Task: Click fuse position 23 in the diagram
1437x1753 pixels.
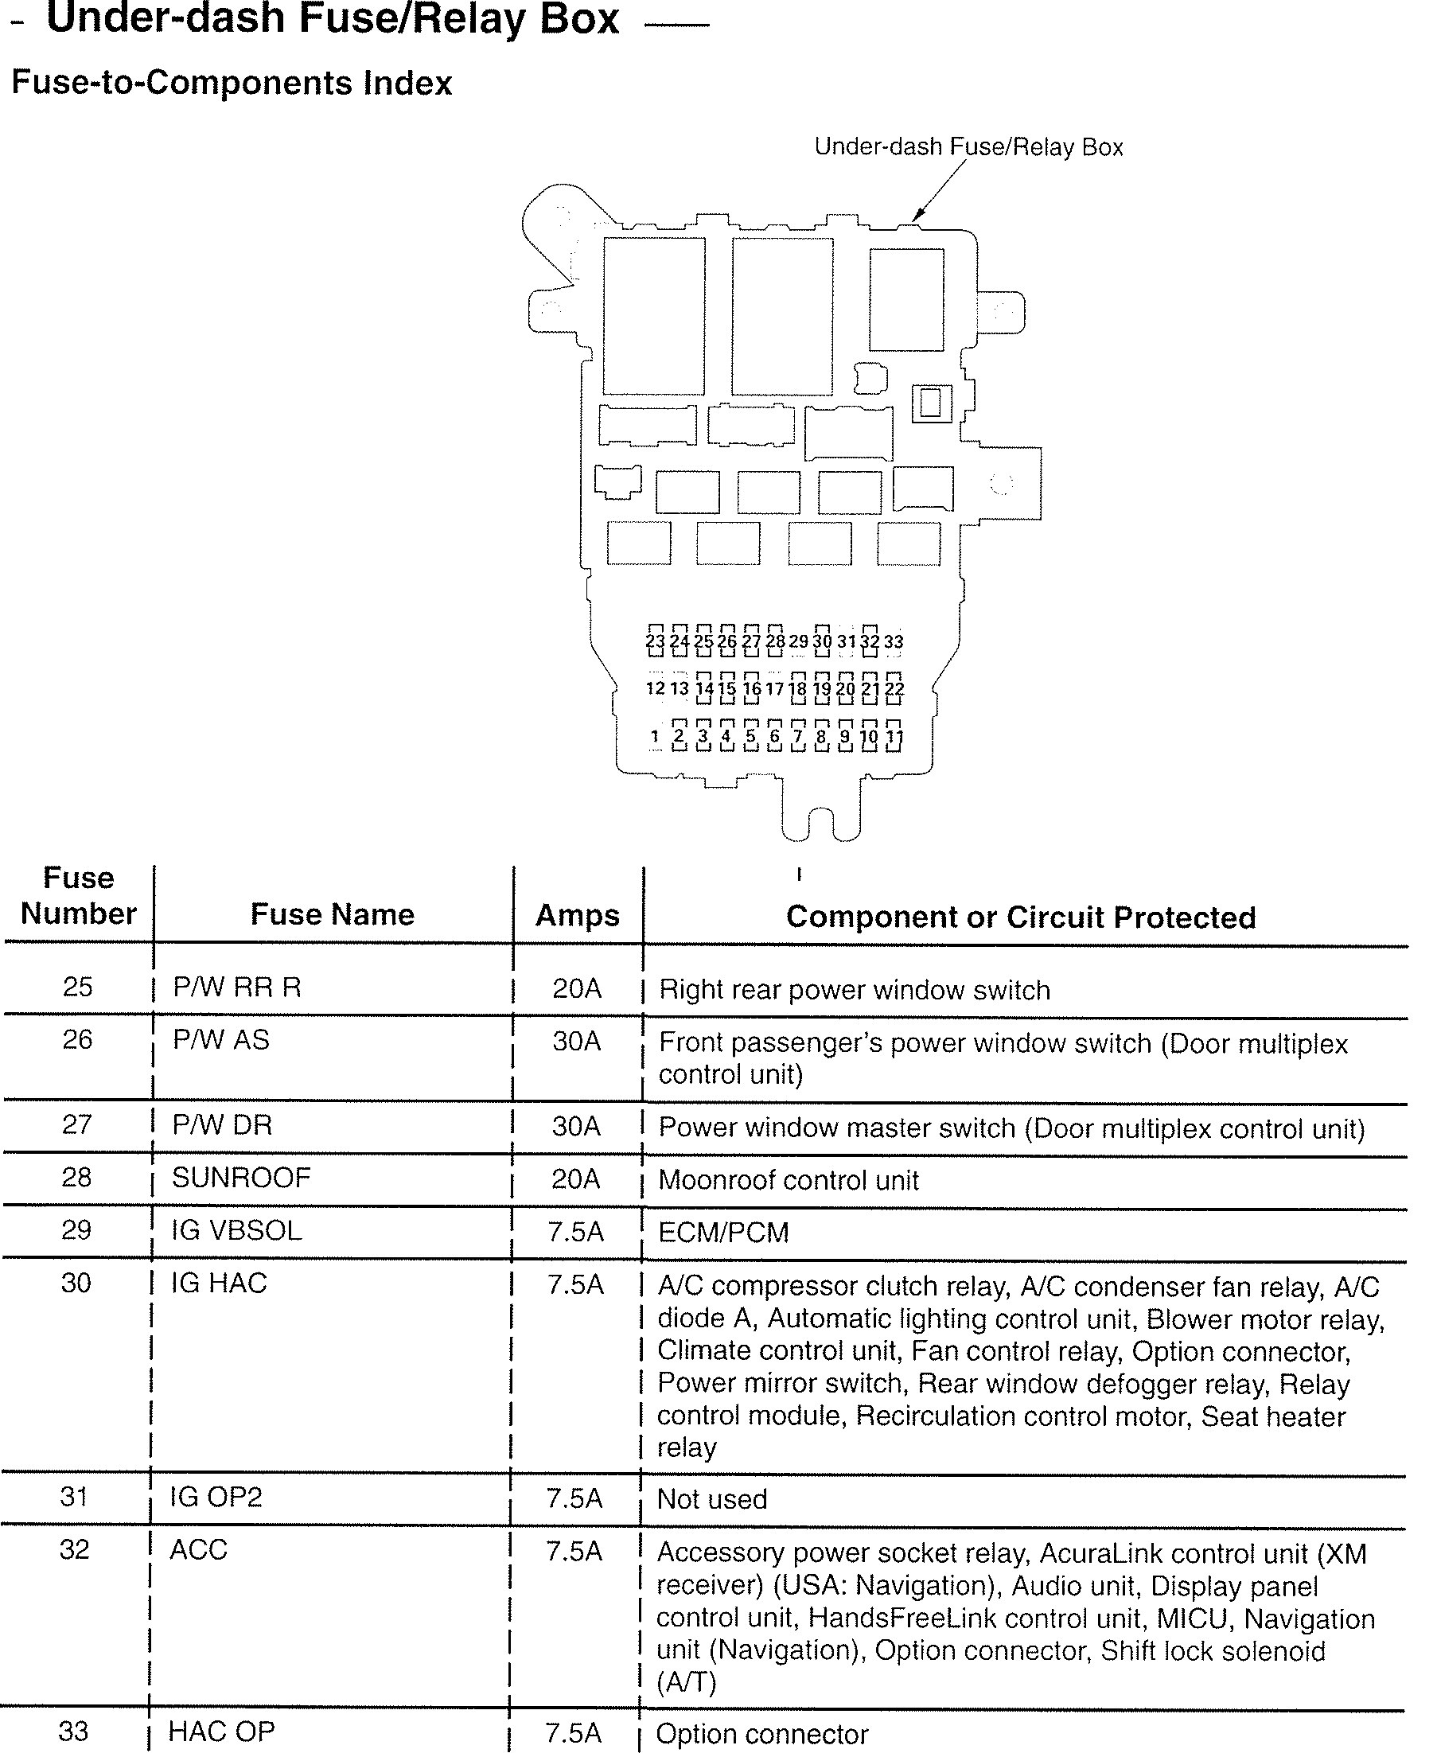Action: click(655, 641)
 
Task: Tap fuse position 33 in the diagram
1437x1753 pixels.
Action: click(894, 641)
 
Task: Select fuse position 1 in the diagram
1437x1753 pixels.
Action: click(655, 736)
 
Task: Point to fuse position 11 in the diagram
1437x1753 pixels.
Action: click(894, 736)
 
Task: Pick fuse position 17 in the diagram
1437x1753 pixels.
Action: click(774, 688)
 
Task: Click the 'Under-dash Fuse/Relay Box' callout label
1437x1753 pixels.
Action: click(968, 147)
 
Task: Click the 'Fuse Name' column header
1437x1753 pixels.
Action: click(332, 914)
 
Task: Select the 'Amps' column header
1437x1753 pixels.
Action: click(577, 915)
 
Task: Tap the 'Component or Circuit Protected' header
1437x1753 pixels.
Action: click(1021, 917)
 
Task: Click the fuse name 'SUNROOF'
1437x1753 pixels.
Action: click(241, 1177)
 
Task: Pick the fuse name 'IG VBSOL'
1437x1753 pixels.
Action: click(237, 1230)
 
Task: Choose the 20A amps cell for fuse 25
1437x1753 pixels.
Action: click(577, 988)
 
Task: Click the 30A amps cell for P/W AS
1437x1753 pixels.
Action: click(577, 1041)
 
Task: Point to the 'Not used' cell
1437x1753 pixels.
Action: click(712, 1499)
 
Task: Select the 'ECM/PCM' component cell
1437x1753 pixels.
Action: click(723, 1233)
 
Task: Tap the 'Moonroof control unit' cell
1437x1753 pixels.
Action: click(788, 1179)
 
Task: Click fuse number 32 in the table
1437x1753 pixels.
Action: click(75, 1549)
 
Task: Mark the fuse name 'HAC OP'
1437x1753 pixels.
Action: click(221, 1732)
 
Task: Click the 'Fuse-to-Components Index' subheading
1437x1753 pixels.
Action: click(232, 84)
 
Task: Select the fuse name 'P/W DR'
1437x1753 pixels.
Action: click(222, 1125)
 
